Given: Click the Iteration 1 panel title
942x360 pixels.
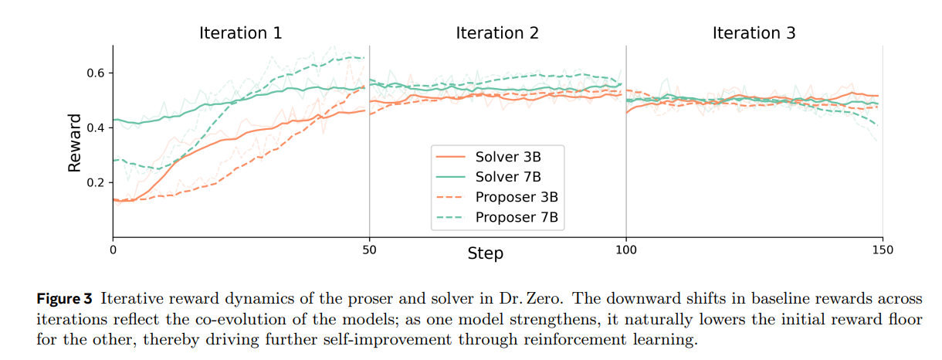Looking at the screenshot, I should coord(240,33).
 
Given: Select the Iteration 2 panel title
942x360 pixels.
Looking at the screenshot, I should coord(497,33).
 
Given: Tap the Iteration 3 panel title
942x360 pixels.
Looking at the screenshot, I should coord(754,33).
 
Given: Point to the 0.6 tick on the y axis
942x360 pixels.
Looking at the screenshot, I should coord(96,73).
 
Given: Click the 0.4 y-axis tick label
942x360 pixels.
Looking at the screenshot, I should coord(96,127).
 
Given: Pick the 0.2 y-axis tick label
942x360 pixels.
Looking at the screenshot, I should coord(96,182).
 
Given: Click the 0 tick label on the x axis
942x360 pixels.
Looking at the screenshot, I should coord(113,250).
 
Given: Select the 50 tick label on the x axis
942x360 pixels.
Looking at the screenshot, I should coord(369,250).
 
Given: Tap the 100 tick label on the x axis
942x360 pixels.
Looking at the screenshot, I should coord(626,250).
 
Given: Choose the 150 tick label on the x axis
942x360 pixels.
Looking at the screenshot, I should coord(883,250).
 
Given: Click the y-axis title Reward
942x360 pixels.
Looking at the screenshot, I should coord(75,143).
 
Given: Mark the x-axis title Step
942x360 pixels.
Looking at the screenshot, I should coord(485,253).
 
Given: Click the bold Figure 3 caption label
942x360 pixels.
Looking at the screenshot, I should coord(65,298).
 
